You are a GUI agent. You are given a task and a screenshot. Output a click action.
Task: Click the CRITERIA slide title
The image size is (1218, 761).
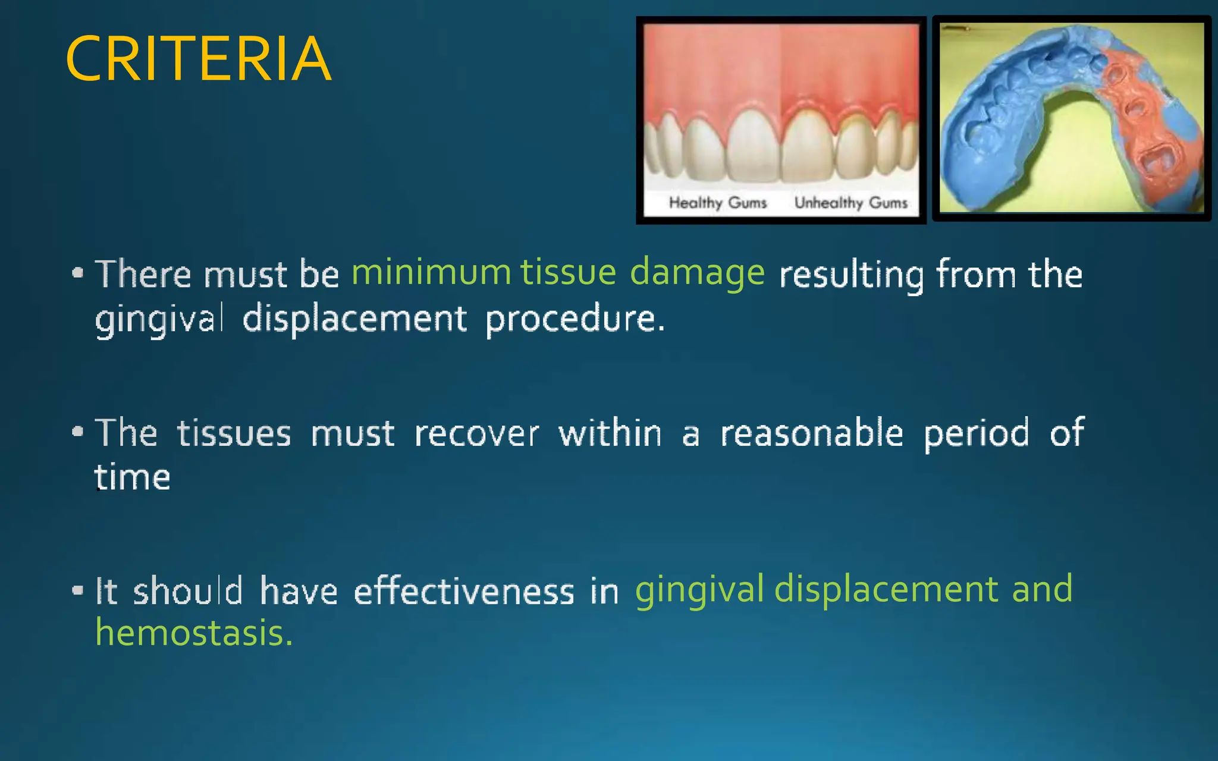(x=198, y=59)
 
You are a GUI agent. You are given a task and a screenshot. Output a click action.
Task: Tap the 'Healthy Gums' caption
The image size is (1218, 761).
(x=718, y=203)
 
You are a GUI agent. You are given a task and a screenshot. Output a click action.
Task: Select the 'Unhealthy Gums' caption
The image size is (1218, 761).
(x=851, y=203)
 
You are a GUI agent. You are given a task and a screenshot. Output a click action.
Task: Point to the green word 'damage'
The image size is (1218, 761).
(x=697, y=273)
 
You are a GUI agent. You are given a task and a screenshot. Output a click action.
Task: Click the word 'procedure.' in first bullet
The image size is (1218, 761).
(x=575, y=319)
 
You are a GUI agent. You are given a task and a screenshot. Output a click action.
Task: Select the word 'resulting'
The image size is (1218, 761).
(x=851, y=275)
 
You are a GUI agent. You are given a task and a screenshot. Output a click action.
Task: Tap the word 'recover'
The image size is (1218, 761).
(x=476, y=433)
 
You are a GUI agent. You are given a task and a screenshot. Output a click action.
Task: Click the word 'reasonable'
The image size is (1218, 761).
(x=812, y=432)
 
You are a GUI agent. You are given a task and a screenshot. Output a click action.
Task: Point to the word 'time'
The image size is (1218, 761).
(x=133, y=477)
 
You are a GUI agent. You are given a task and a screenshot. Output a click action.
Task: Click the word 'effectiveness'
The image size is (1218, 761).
(x=464, y=591)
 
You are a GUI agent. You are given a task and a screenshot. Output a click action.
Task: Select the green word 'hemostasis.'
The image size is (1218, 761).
(x=194, y=633)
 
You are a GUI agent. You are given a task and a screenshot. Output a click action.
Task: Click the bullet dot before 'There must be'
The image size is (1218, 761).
(x=77, y=273)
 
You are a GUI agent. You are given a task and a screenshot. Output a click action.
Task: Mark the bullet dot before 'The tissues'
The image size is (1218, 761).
(x=77, y=432)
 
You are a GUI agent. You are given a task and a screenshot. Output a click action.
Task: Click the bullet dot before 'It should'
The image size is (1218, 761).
(x=77, y=590)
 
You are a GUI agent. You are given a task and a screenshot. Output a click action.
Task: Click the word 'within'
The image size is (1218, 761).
(x=610, y=433)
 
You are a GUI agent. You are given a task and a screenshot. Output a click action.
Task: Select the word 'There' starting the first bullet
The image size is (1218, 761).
(x=143, y=274)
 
